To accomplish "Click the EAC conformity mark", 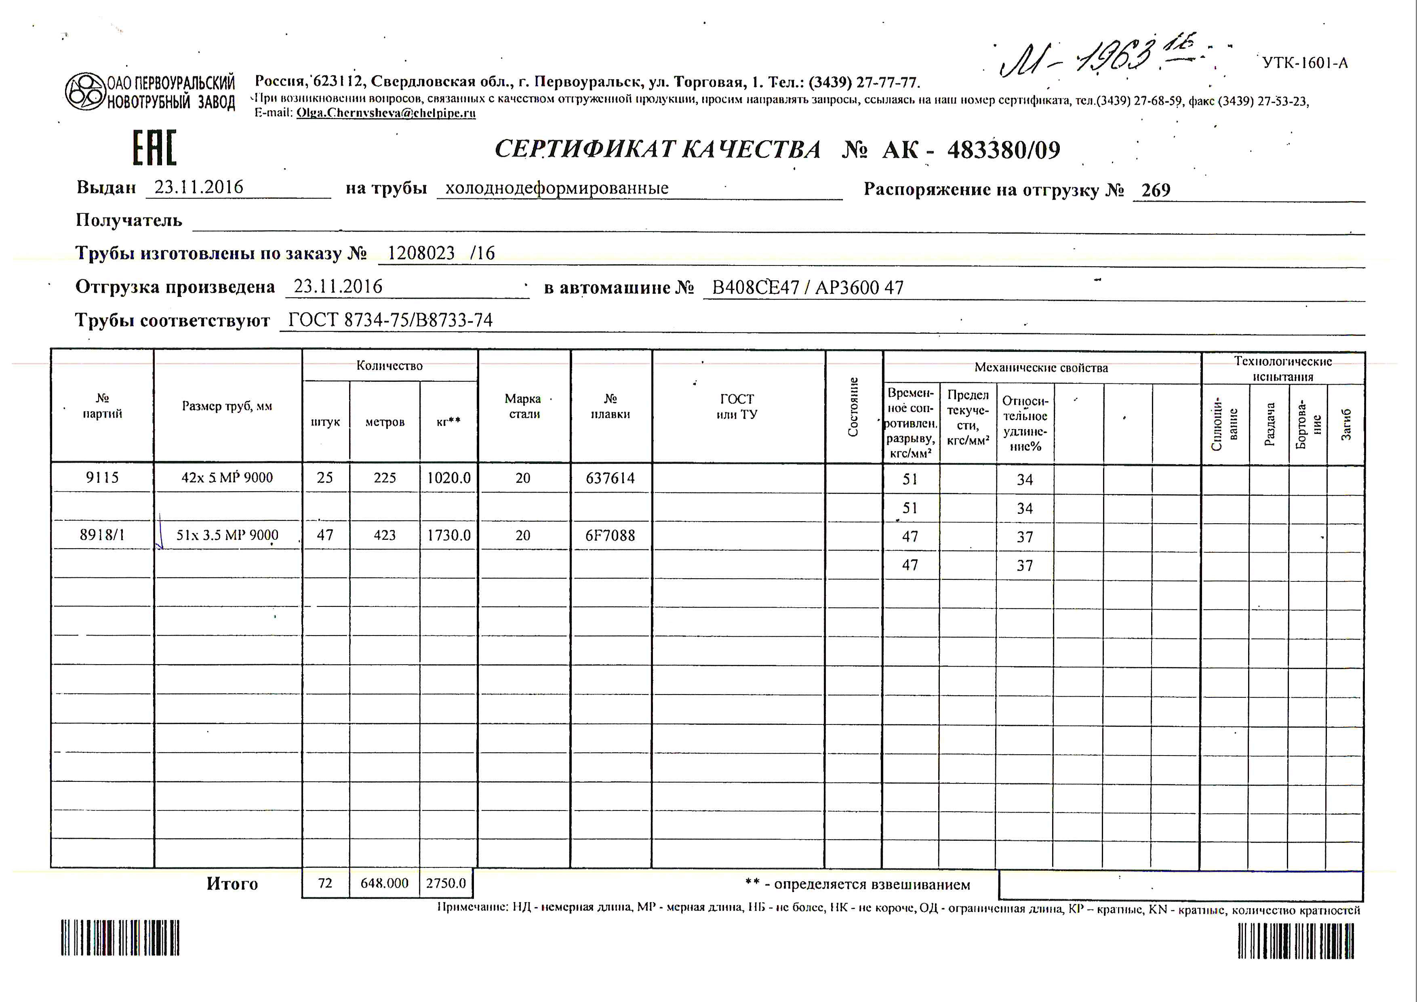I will (x=154, y=148).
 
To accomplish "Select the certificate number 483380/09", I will (x=1004, y=150).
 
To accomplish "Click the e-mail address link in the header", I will (x=386, y=113).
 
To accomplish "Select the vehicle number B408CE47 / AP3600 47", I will (x=807, y=288).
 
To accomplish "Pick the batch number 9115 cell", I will (x=103, y=478).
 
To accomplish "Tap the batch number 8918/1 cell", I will (x=103, y=535).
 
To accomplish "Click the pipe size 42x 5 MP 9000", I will (x=227, y=478).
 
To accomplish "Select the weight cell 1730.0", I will (x=448, y=535).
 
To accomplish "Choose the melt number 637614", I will (x=611, y=478).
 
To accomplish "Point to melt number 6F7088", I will (x=611, y=536).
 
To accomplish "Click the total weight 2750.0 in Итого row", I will (x=446, y=884).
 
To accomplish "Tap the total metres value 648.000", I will (x=385, y=884).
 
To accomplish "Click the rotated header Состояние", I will (x=853, y=407).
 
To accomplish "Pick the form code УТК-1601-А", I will (x=1305, y=63).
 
